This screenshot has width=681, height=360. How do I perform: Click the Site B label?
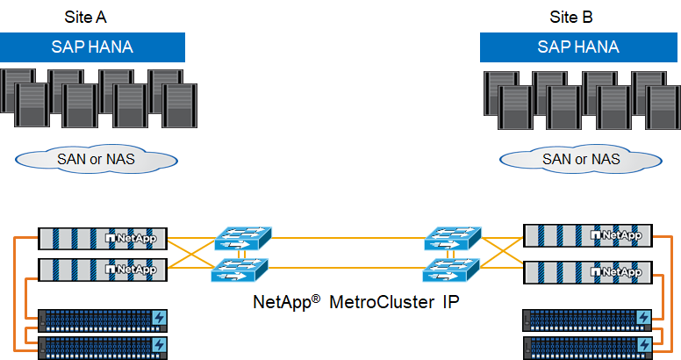point(573,17)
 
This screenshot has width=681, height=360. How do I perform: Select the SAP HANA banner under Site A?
point(92,47)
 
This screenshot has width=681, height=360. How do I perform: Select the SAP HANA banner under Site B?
point(578,47)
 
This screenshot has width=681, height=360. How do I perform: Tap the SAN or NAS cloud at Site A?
point(96,159)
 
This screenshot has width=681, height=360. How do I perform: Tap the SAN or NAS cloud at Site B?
point(580,159)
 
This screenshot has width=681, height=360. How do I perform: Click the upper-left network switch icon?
point(242,238)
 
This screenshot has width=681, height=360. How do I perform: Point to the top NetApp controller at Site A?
point(103,238)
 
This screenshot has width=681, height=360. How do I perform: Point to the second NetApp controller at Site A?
point(103,269)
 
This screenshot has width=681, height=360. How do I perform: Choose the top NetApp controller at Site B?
point(588,235)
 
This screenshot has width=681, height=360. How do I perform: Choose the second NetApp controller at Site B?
point(588,272)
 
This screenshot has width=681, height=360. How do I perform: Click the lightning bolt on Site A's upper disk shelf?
point(160,317)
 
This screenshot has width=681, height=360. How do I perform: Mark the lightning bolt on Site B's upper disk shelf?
point(645,317)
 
